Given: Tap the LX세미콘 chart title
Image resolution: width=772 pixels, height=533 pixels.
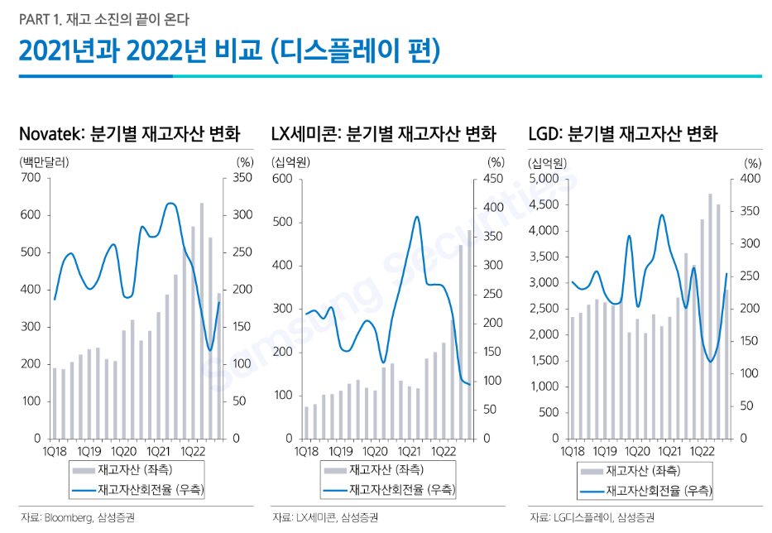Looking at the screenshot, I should click(384, 133).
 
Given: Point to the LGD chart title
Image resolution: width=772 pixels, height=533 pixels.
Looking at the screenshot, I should click(622, 133).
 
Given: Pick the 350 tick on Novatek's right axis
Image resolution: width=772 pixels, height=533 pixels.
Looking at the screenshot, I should click(243, 178).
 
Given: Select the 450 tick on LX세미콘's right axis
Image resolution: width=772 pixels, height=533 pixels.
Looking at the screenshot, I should click(493, 179).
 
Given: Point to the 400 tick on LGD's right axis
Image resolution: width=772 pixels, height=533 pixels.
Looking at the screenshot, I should click(750, 179).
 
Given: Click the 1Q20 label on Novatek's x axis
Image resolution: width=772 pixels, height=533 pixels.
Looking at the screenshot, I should click(124, 451).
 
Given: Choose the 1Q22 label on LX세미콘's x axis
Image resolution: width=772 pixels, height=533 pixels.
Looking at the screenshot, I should click(442, 451).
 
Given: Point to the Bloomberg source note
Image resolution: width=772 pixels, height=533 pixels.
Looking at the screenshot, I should click(69, 518).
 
